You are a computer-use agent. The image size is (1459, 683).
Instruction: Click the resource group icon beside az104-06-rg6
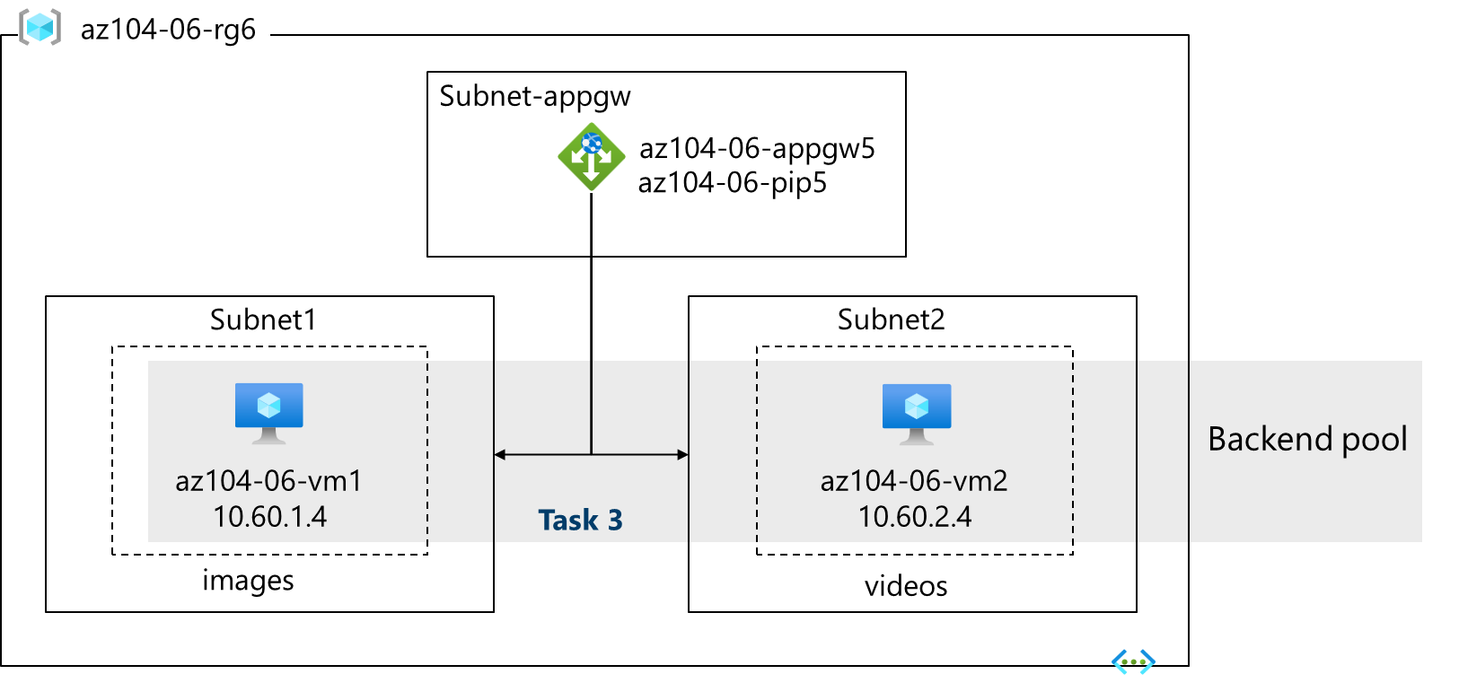(x=40, y=28)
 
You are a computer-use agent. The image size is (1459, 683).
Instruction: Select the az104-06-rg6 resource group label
(x=168, y=30)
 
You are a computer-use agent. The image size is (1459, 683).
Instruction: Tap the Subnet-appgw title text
(x=534, y=96)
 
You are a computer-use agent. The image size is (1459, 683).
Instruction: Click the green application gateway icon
(x=591, y=157)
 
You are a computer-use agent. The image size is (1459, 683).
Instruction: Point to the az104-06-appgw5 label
(x=756, y=148)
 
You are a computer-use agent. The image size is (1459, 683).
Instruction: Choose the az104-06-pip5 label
(x=732, y=183)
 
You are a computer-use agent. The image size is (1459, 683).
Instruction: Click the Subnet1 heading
(x=263, y=320)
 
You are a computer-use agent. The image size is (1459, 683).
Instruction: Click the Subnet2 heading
(x=891, y=320)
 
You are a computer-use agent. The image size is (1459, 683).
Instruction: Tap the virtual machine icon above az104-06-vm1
(x=268, y=412)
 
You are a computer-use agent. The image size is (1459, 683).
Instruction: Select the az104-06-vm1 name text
(x=268, y=481)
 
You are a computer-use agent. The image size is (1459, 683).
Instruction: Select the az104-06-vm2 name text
(x=914, y=481)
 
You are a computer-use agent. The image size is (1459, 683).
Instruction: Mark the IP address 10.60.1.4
(x=269, y=517)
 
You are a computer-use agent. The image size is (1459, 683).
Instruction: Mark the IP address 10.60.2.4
(x=914, y=517)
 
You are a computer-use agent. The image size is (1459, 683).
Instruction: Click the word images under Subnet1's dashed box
(x=248, y=581)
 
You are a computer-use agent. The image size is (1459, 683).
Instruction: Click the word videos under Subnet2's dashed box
(x=905, y=586)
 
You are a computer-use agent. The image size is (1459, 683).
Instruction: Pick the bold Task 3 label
(x=580, y=521)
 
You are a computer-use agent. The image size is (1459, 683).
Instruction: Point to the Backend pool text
(x=1307, y=439)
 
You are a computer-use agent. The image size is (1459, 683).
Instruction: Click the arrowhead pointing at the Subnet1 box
(x=500, y=455)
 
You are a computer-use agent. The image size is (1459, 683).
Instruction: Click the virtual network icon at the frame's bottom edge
(x=1133, y=662)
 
